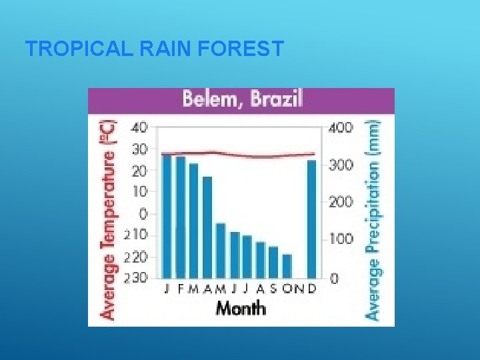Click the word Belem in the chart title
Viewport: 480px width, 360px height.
213,100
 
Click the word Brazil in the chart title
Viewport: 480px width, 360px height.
276,100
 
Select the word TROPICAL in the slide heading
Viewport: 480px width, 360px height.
69,49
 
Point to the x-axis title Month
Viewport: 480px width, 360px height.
240,308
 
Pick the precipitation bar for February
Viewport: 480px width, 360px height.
180,217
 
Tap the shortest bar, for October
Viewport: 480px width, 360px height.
287,266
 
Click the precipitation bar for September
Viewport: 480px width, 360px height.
273,262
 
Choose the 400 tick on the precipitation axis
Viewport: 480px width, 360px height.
340,127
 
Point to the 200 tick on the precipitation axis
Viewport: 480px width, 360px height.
340,201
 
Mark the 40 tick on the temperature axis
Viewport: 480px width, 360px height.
140,127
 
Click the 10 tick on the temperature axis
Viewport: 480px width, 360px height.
140,192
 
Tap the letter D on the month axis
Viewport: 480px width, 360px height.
312,289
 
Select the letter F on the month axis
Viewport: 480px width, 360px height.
181,289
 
